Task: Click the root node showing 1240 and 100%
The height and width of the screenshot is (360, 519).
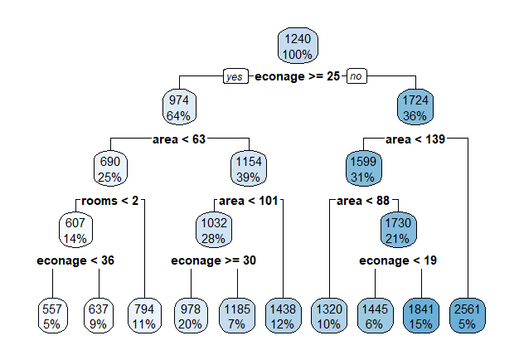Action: [298, 46]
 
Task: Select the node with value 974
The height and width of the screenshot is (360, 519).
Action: [178, 108]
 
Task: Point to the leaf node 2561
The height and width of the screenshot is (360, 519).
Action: [468, 316]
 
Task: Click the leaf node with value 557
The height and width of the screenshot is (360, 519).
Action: [51, 316]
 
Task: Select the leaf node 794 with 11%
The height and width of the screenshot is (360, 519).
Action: [143, 316]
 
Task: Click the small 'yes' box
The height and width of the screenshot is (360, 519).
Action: [235, 76]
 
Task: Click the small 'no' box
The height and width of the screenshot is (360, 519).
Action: [357, 76]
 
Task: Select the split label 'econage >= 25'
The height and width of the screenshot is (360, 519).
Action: [298, 76]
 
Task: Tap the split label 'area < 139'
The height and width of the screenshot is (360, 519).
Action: [416, 139]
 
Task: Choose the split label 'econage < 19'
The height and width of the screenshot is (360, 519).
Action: [398, 260]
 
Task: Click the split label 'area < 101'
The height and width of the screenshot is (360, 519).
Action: [250, 200]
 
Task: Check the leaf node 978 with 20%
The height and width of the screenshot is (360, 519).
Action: [190, 316]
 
